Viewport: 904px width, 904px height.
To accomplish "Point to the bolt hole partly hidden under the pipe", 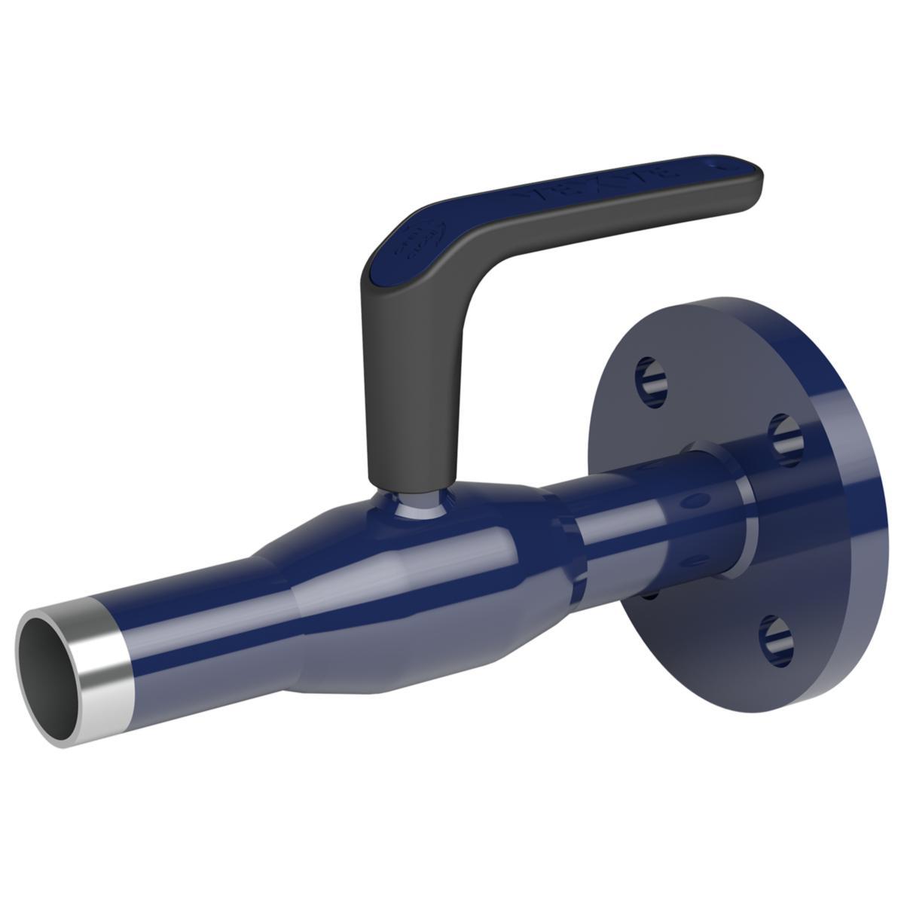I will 652,595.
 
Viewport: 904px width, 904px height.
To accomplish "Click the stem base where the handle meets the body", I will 413,505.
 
